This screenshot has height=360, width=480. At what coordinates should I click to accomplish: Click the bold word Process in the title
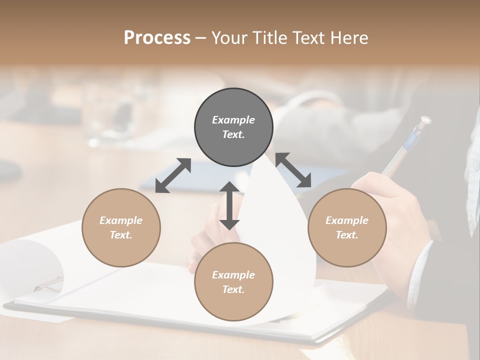click(x=157, y=38)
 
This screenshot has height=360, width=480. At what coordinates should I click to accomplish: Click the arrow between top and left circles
click(x=173, y=175)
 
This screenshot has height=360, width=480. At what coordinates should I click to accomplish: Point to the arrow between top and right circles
click(x=293, y=170)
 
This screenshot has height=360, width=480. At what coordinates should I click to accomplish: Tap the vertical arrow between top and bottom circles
click(x=229, y=205)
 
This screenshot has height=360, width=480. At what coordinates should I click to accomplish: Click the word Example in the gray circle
click(x=233, y=120)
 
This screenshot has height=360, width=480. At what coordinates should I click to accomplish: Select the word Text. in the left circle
click(x=121, y=235)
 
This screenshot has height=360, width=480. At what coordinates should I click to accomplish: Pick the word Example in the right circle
click(x=347, y=220)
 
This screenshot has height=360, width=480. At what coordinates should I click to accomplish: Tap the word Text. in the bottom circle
click(x=233, y=289)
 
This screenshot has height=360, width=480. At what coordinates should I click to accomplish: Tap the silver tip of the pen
click(x=425, y=120)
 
